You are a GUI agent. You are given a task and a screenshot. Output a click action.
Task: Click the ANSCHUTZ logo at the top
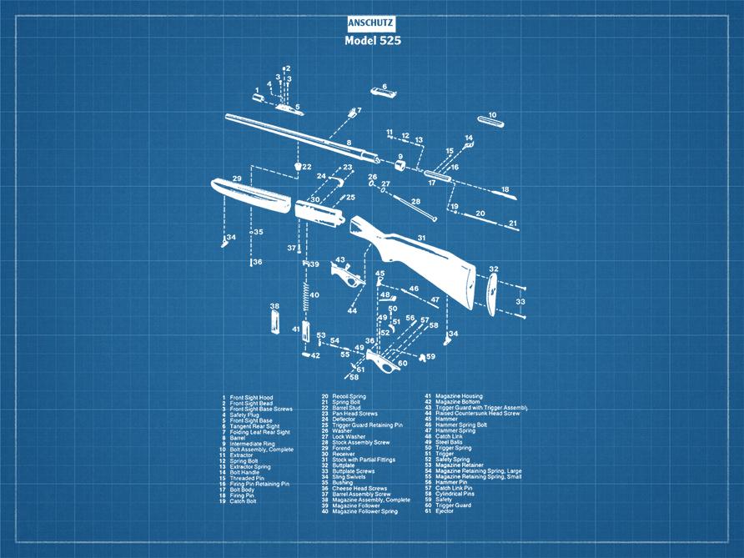point(371,24)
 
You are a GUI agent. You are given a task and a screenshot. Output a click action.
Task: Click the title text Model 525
point(371,41)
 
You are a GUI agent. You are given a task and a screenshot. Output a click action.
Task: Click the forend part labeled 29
point(250,195)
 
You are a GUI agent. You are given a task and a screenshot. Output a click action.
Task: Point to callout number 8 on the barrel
point(349,143)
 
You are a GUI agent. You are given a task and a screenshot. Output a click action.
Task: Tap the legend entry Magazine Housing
point(458,397)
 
